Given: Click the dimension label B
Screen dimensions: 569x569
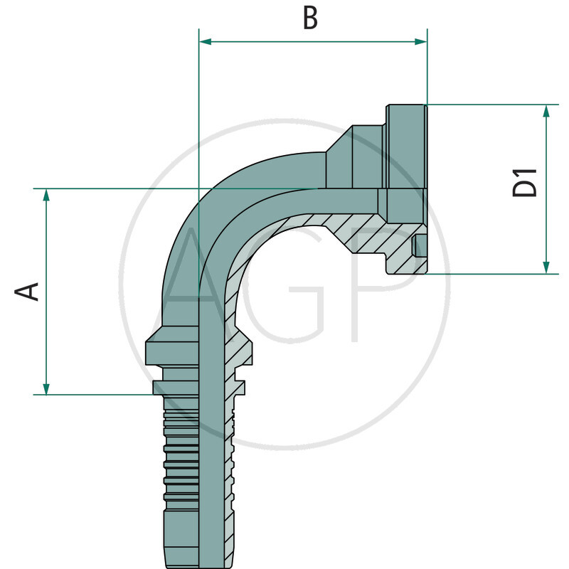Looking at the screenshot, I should pyautogui.click(x=310, y=18).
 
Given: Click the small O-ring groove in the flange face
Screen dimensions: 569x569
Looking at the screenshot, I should pyautogui.click(x=420, y=246).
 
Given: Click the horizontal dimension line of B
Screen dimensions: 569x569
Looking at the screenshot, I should pyautogui.click(x=313, y=42).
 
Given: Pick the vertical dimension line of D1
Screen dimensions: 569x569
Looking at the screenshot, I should pyautogui.click(x=546, y=188).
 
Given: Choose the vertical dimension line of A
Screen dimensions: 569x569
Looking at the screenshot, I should pyautogui.click(x=46, y=292).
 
